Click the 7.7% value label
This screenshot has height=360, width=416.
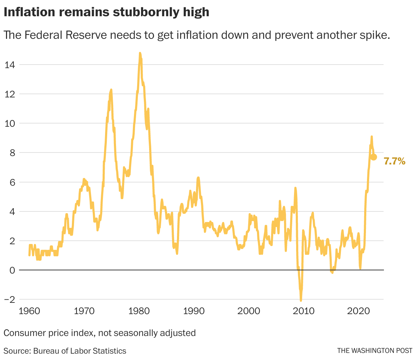[x=394, y=162]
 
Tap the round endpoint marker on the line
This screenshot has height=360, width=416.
[x=374, y=157]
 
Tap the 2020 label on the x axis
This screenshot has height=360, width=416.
[x=359, y=311]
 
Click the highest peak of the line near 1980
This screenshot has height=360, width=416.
[x=140, y=53]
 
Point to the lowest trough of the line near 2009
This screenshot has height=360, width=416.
[x=301, y=300]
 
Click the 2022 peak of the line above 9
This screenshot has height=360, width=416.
[x=372, y=136]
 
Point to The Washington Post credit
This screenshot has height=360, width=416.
[x=374, y=350]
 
